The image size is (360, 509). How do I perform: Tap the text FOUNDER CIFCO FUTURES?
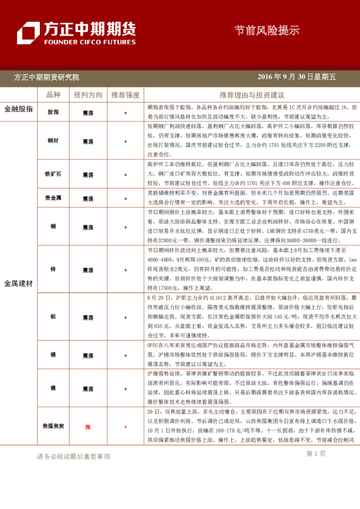[x=89, y=42]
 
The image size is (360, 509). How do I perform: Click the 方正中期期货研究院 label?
[x=47, y=77]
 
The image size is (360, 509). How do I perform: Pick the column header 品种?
[x=53, y=95]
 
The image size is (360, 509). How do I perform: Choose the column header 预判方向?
[x=88, y=95]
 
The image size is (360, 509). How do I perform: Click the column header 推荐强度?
[x=125, y=95]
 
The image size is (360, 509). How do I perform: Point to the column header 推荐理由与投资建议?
[x=252, y=95]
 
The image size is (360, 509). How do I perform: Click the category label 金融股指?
[x=18, y=109]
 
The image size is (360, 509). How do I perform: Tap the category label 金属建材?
[x=18, y=283]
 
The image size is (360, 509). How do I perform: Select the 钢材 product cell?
[x=53, y=140]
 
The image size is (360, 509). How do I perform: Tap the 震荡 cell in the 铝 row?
[x=88, y=317]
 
